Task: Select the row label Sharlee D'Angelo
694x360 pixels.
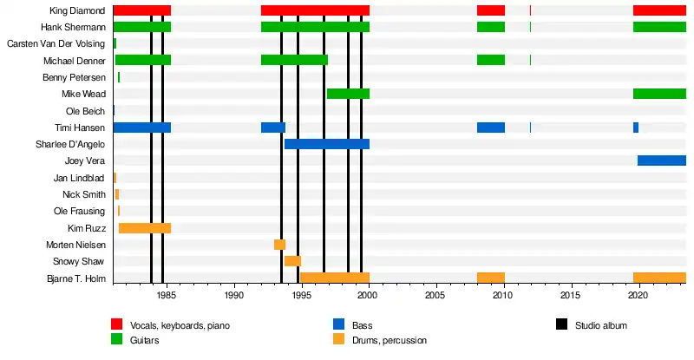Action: (70, 144)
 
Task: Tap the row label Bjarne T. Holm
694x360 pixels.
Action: (75, 278)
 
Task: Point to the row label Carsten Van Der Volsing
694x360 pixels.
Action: (56, 43)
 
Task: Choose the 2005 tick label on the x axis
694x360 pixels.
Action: (436, 295)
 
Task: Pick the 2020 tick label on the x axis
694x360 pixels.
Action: (638, 295)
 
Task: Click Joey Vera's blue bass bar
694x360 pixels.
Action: (661, 160)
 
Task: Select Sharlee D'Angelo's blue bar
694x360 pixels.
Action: (326, 144)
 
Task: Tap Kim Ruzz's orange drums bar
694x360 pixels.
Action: (144, 228)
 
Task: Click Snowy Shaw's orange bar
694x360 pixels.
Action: (292, 261)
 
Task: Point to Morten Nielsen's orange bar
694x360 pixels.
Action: (279, 245)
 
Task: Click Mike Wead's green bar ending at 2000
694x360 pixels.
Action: (348, 94)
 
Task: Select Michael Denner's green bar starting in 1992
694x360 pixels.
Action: (294, 60)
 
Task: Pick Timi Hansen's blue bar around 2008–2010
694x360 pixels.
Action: (490, 128)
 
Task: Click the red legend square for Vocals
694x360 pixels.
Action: (117, 325)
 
